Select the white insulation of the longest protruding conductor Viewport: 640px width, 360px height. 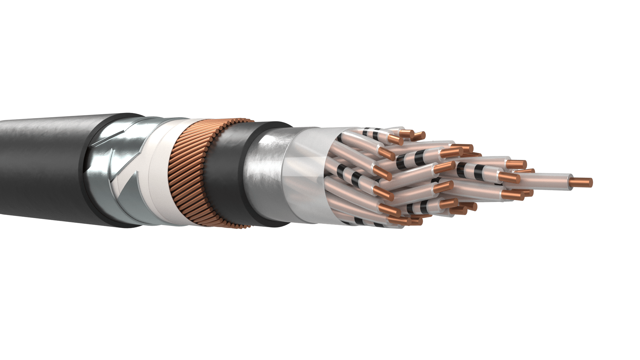pos(547,183)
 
